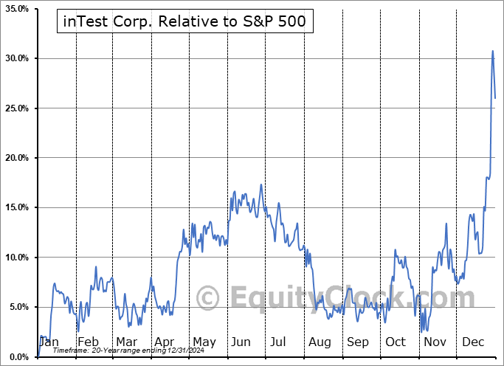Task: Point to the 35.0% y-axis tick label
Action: pyautogui.click(x=15, y=9)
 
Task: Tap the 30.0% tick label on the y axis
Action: pyautogui.click(x=15, y=58)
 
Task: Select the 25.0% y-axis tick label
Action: pyautogui.click(x=15, y=108)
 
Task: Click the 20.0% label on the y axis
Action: pyautogui.click(x=15, y=158)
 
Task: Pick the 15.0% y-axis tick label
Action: pyautogui.click(x=15, y=207)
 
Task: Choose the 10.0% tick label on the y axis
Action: pyautogui.click(x=15, y=258)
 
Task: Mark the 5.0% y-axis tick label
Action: pyautogui.click(x=17, y=307)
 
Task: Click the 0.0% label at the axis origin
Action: pyautogui.click(x=17, y=356)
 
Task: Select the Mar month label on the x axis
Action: pyautogui.click(x=126, y=342)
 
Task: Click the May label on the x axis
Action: pyautogui.click(x=204, y=342)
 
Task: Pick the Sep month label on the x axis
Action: pyautogui.click(x=358, y=342)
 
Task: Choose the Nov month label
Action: pyautogui.click(x=435, y=342)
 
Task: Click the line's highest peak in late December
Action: pyautogui.click(x=493, y=51)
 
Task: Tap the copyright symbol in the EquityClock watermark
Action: pyautogui.click(x=207, y=298)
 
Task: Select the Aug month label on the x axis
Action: pyautogui.click(x=320, y=342)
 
